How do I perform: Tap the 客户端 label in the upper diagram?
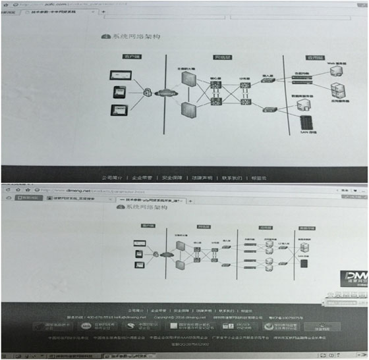[126, 59]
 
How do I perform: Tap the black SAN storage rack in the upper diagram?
[305, 123]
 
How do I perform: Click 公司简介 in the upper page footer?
[111, 177]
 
